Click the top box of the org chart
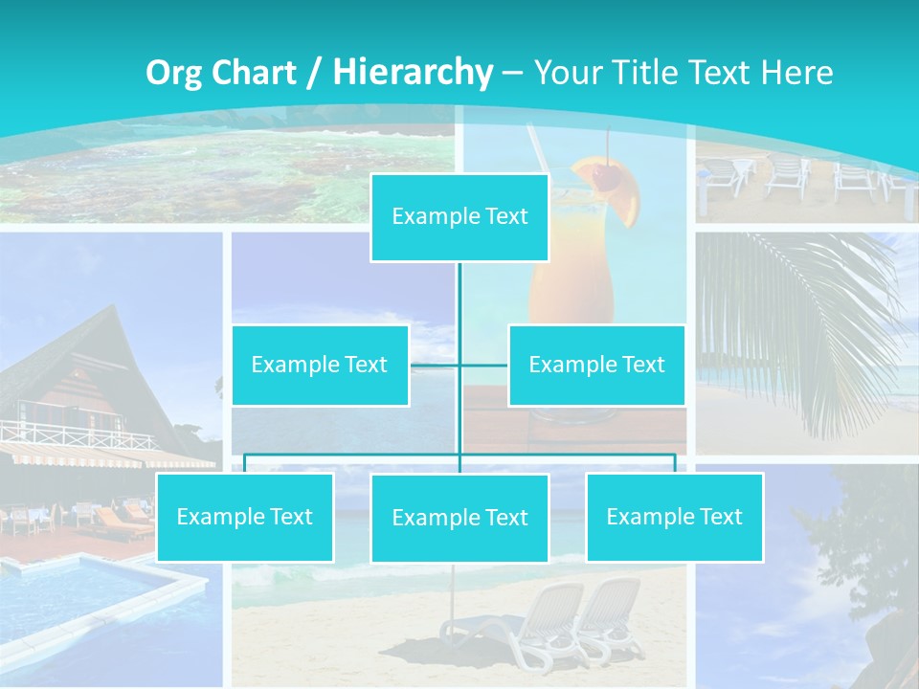[459, 217]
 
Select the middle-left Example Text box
[320, 365]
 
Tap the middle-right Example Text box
[596, 365]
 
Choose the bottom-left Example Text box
[244, 518]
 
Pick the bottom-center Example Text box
[459, 519]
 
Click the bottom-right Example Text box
[674, 518]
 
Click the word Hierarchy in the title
[412, 72]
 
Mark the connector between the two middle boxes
[459, 365]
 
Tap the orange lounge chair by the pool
[120, 522]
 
